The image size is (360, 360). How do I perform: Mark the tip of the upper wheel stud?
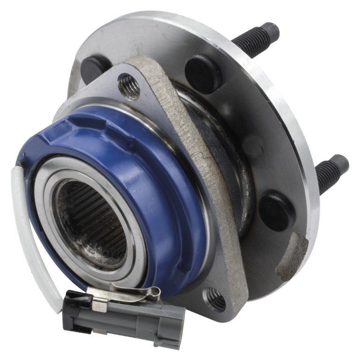(272, 30)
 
